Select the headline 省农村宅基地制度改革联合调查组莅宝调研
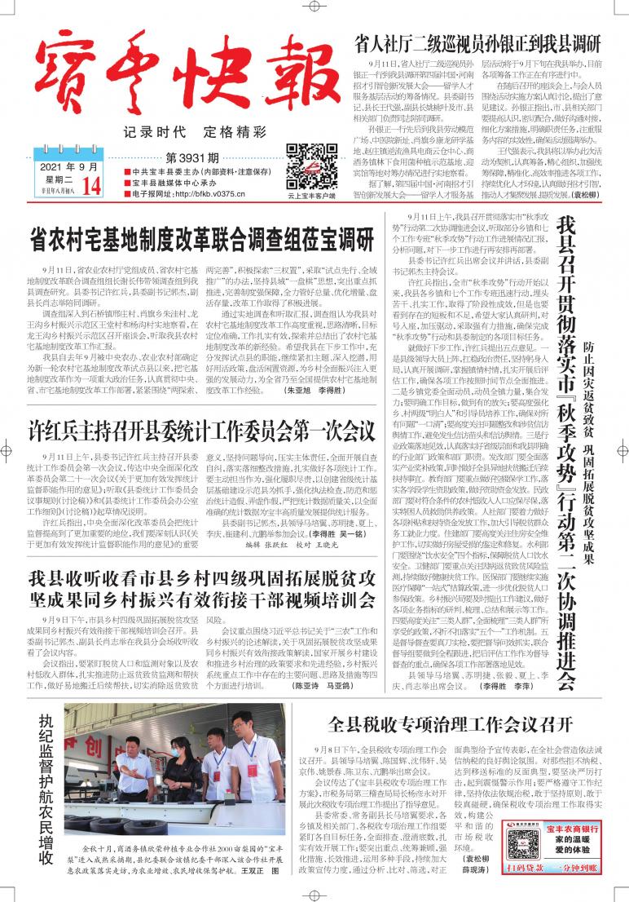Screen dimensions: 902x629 pyautogui.click(x=201, y=239)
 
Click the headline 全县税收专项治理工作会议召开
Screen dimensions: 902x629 pyautogui.click(x=451, y=724)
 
